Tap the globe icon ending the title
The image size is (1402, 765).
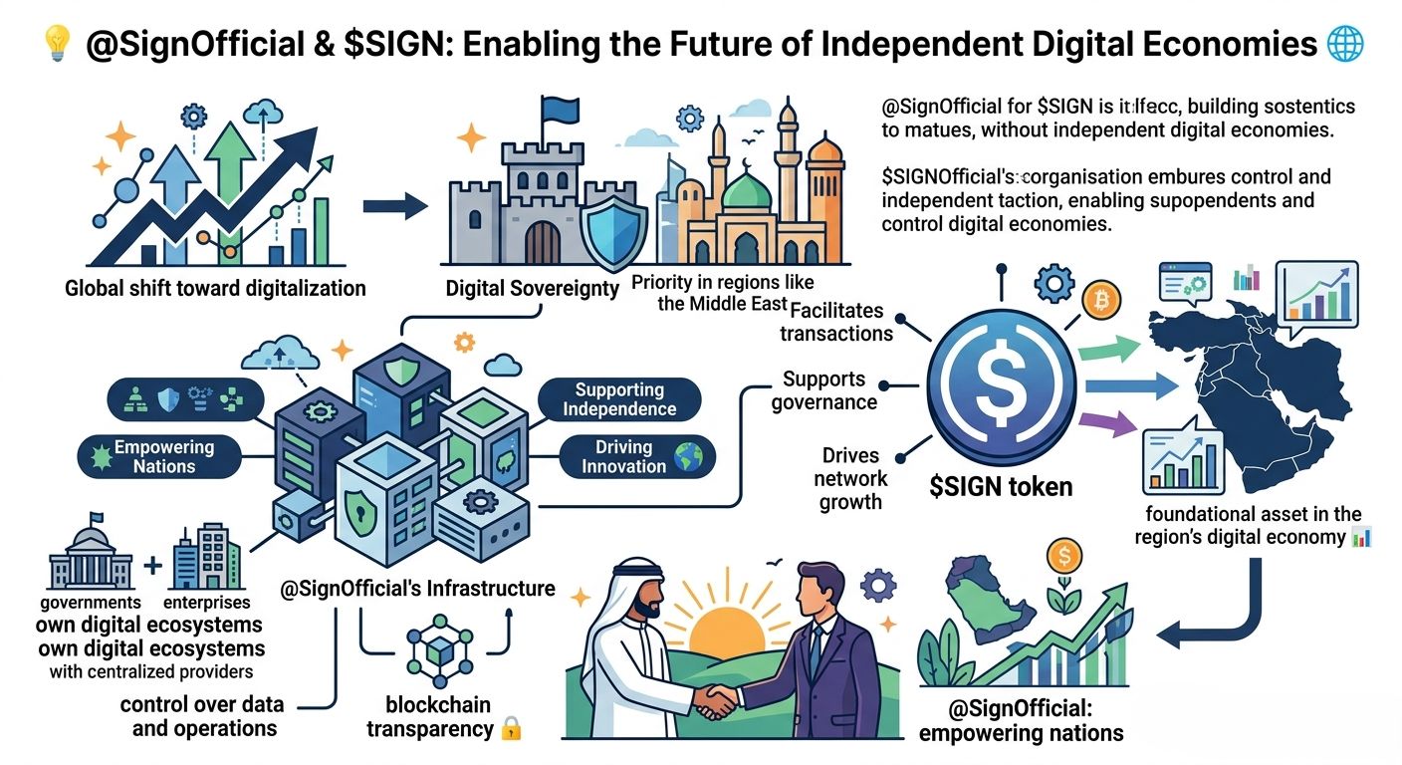tap(1346, 45)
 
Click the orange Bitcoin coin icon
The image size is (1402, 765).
tap(1102, 300)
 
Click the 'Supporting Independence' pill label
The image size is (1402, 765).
tap(619, 399)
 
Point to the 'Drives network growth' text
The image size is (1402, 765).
tap(850, 478)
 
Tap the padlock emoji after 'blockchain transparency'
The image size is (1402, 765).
tap(511, 729)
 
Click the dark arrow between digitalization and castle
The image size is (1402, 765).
tap(394, 206)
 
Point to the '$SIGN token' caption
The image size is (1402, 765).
tap(1000, 487)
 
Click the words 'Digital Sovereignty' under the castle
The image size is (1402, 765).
tap(532, 289)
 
